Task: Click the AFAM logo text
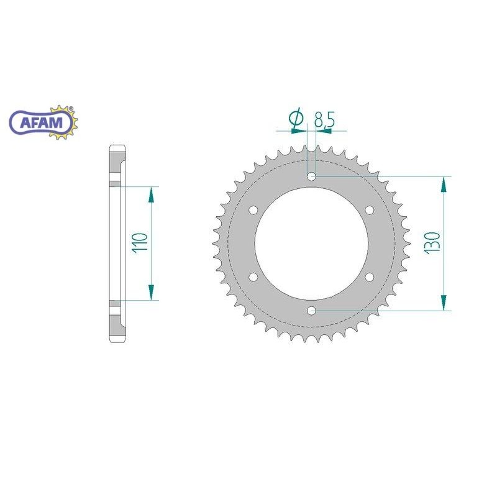(42, 122)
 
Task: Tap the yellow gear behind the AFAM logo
(65, 122)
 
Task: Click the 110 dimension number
(140, 242)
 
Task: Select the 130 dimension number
(433, 242)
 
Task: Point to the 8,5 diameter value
(324, 119)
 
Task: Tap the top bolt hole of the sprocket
(312, 176)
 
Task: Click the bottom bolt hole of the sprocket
(312, 311)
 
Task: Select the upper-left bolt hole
(253, 210)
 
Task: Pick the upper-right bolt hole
(370, 210)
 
